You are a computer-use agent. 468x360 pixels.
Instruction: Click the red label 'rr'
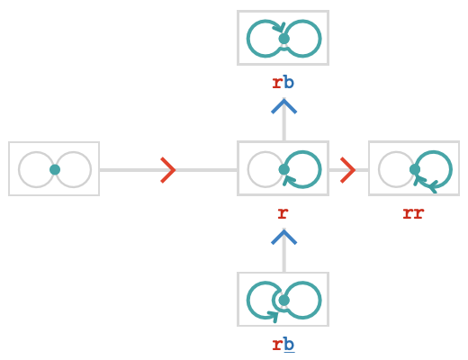pyautogui.click(x=413, y=213)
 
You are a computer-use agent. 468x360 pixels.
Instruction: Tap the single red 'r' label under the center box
pyautogui.click(x=283, y=213)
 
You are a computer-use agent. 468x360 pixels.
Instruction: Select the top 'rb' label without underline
pyautogui.click(x=283, y=83)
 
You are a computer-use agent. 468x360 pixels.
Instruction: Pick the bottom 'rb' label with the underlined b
pyautogui.click(x=283, y=345)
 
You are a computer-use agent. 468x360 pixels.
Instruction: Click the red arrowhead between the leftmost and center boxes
pyautogui.click(x=168, y=170)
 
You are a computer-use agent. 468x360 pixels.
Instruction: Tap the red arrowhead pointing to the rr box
pyautogui.click(x=348, y=170)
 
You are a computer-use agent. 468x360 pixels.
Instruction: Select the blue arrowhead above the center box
pyautogui.click(x=283, y=106)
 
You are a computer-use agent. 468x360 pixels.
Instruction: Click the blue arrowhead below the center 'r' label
pyautogui.click(x=283, y=237)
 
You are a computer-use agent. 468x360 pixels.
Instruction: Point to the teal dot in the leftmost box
pyautogui.click(x=55, y=169)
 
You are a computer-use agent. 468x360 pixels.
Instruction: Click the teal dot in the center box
pyautogui.click(x=283, y=169)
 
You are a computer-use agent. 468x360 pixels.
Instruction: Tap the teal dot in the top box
pyautogui.click(x=283, y=39)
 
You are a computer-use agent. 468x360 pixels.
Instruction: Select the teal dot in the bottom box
pyautogui.click(x=283, y=301)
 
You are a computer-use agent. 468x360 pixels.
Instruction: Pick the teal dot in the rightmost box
pyautogui.click(x=415, y=169)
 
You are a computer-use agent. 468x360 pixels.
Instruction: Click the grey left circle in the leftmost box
pyautogui.click(x=19, y=169)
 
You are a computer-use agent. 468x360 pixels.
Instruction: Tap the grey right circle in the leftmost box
pyautogui.click(x=91, y=169)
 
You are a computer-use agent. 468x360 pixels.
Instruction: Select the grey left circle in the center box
pyautogui.click(x=247, y=169)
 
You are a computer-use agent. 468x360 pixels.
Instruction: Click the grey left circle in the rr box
pyautogui.click(x=379, y=169)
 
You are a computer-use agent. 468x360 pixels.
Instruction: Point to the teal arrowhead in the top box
pyautogui.click(x=280, y=28)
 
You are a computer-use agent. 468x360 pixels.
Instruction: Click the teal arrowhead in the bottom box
pyautogui.click(x=273, y=316)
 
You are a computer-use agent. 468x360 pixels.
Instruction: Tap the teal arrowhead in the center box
pyautogui.click(x=289, y=180)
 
